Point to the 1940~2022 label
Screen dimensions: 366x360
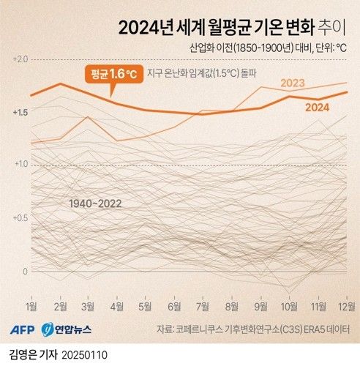pos(95,203)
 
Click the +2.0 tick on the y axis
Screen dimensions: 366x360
pos(20,59)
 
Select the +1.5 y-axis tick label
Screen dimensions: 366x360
pos(20,112)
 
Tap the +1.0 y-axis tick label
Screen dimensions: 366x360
pos(20,165)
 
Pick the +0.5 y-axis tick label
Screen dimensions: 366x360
pos(20,218)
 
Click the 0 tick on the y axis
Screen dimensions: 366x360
pos(24,271)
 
